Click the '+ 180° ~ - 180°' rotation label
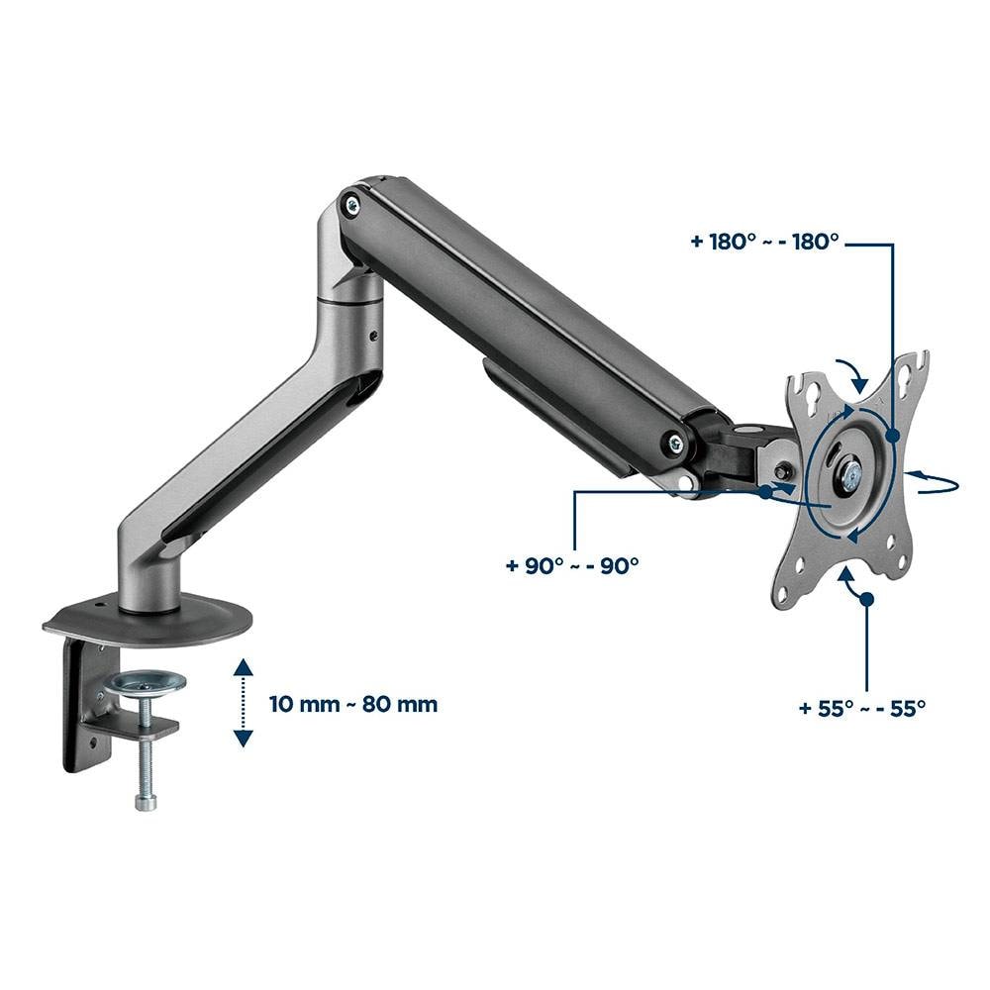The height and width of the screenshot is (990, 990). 764,242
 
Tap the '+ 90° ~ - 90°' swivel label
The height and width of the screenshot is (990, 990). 572,565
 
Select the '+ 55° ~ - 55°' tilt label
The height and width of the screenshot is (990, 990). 862,708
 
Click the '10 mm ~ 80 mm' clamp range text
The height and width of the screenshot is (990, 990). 353,704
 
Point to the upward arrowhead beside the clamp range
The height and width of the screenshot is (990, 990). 244,668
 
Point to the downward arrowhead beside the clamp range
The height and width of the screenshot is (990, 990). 244,739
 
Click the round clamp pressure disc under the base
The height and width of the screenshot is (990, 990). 146,682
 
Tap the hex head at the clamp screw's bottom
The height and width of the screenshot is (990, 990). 146,802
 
